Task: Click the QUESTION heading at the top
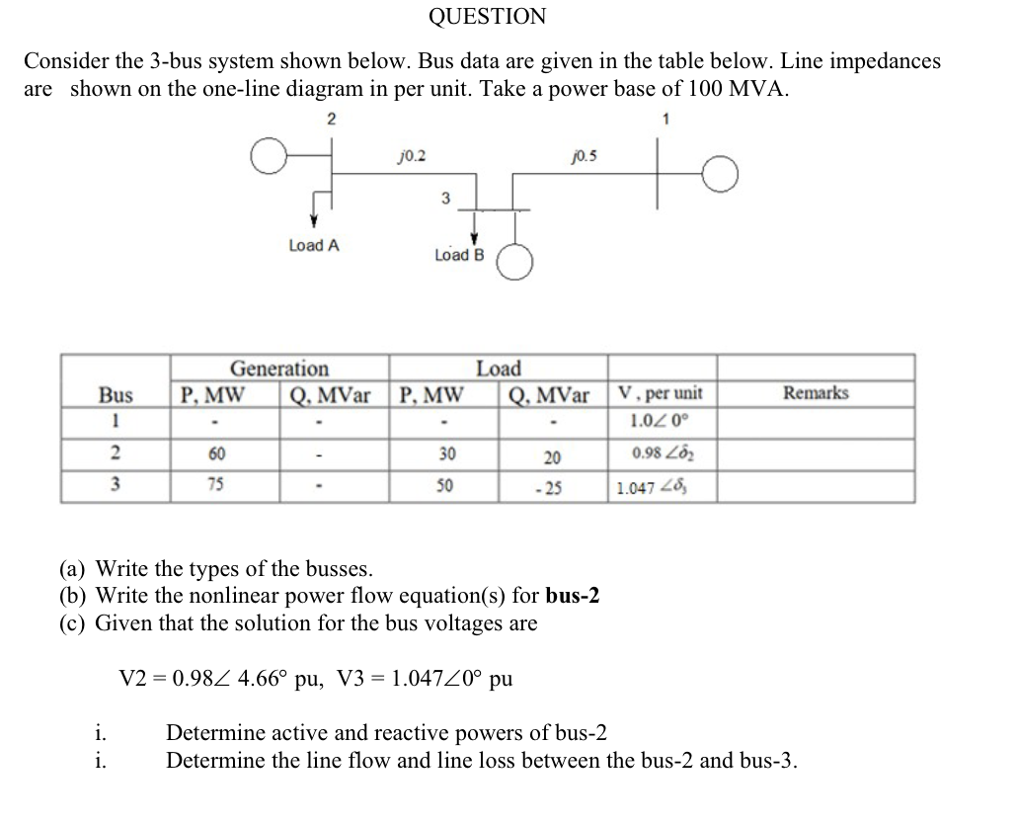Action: (487, 17)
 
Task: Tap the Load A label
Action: (314, 245)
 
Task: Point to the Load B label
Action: (459, 255)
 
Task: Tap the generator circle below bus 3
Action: (516, 263)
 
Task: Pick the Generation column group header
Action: (279, 369)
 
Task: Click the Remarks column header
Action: (816, 393)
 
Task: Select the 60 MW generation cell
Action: (216, 454)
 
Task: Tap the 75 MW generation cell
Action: (216, 485)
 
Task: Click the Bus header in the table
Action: (117, 394)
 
